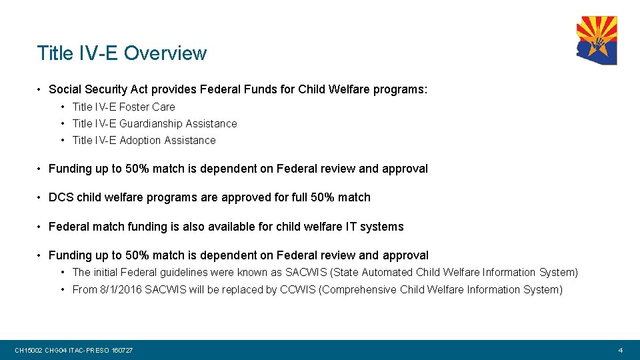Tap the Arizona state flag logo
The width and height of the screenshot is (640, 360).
tap(597, 41)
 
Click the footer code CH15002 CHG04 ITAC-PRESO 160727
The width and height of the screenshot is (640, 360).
tap(74, 350)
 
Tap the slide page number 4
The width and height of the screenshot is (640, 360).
tap(620, 350)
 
